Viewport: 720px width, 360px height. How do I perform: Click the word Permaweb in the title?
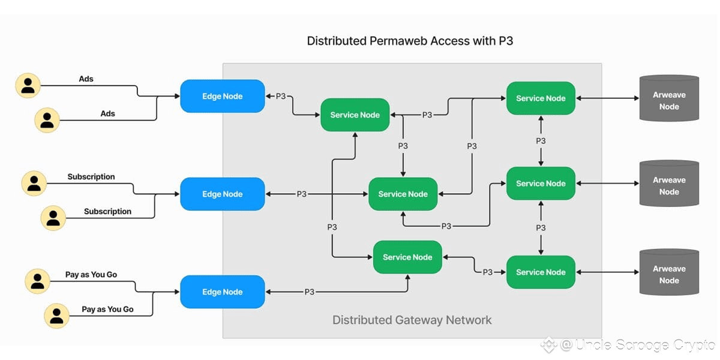coord(400,41)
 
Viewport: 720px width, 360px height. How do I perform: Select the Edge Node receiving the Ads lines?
coord(223,96)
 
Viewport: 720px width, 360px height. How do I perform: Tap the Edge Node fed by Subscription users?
coord(223,194)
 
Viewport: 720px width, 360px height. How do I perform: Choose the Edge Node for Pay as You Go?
coord(223,292)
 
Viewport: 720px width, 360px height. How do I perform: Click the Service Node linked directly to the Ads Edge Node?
coord(355,115)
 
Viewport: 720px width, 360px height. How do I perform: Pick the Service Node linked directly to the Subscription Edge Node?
coord(403,194)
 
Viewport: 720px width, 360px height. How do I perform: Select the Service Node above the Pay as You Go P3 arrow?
coord(407,257)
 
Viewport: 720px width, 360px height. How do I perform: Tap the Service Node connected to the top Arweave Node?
coord(541,98)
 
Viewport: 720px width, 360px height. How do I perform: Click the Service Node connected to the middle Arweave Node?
coord(541,184)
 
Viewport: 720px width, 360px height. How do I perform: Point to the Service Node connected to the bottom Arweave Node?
coord(541,272)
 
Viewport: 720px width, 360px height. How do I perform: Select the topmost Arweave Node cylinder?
coord(669,98)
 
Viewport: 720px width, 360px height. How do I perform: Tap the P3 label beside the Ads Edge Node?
coord(281,96)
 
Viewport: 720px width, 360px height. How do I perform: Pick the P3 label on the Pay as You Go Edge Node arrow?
coord(310,292)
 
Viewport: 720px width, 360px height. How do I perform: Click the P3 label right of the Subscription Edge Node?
coord(301,194)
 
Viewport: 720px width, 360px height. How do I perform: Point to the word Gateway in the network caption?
coord(413,320)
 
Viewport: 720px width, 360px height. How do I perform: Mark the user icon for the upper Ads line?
coord(28,85)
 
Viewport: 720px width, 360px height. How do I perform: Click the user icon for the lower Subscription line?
coord(53,217)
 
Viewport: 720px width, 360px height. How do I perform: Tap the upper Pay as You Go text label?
coord(91,275)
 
